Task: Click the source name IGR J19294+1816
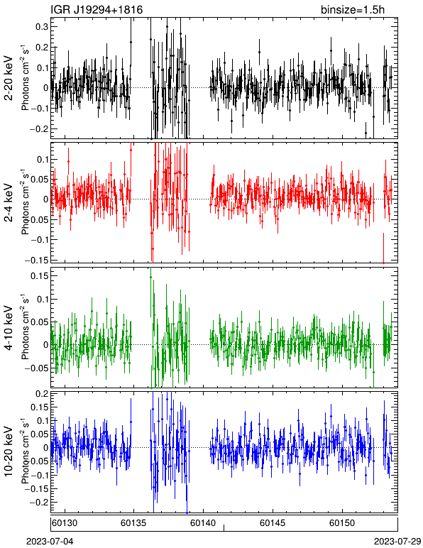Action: [97, 9]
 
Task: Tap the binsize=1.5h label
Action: [353, 9]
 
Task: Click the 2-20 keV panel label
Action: [9, 78]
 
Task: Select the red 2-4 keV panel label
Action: [9, 203]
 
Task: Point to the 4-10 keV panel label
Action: [9, 328]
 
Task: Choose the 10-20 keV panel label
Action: [9, 451]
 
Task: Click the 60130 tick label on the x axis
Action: [65, 523]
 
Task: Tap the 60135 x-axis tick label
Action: [133, 523]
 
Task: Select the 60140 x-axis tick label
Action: [202, 523]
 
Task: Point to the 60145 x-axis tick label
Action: [273, 523]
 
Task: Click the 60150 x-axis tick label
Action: [341, 523]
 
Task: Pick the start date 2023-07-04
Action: [50, 542]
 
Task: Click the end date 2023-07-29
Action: [397, 542]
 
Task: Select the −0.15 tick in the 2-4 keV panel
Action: [37, 260]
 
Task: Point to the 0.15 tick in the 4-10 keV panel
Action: [40, 275]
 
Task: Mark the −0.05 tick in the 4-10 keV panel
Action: [37, 368]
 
